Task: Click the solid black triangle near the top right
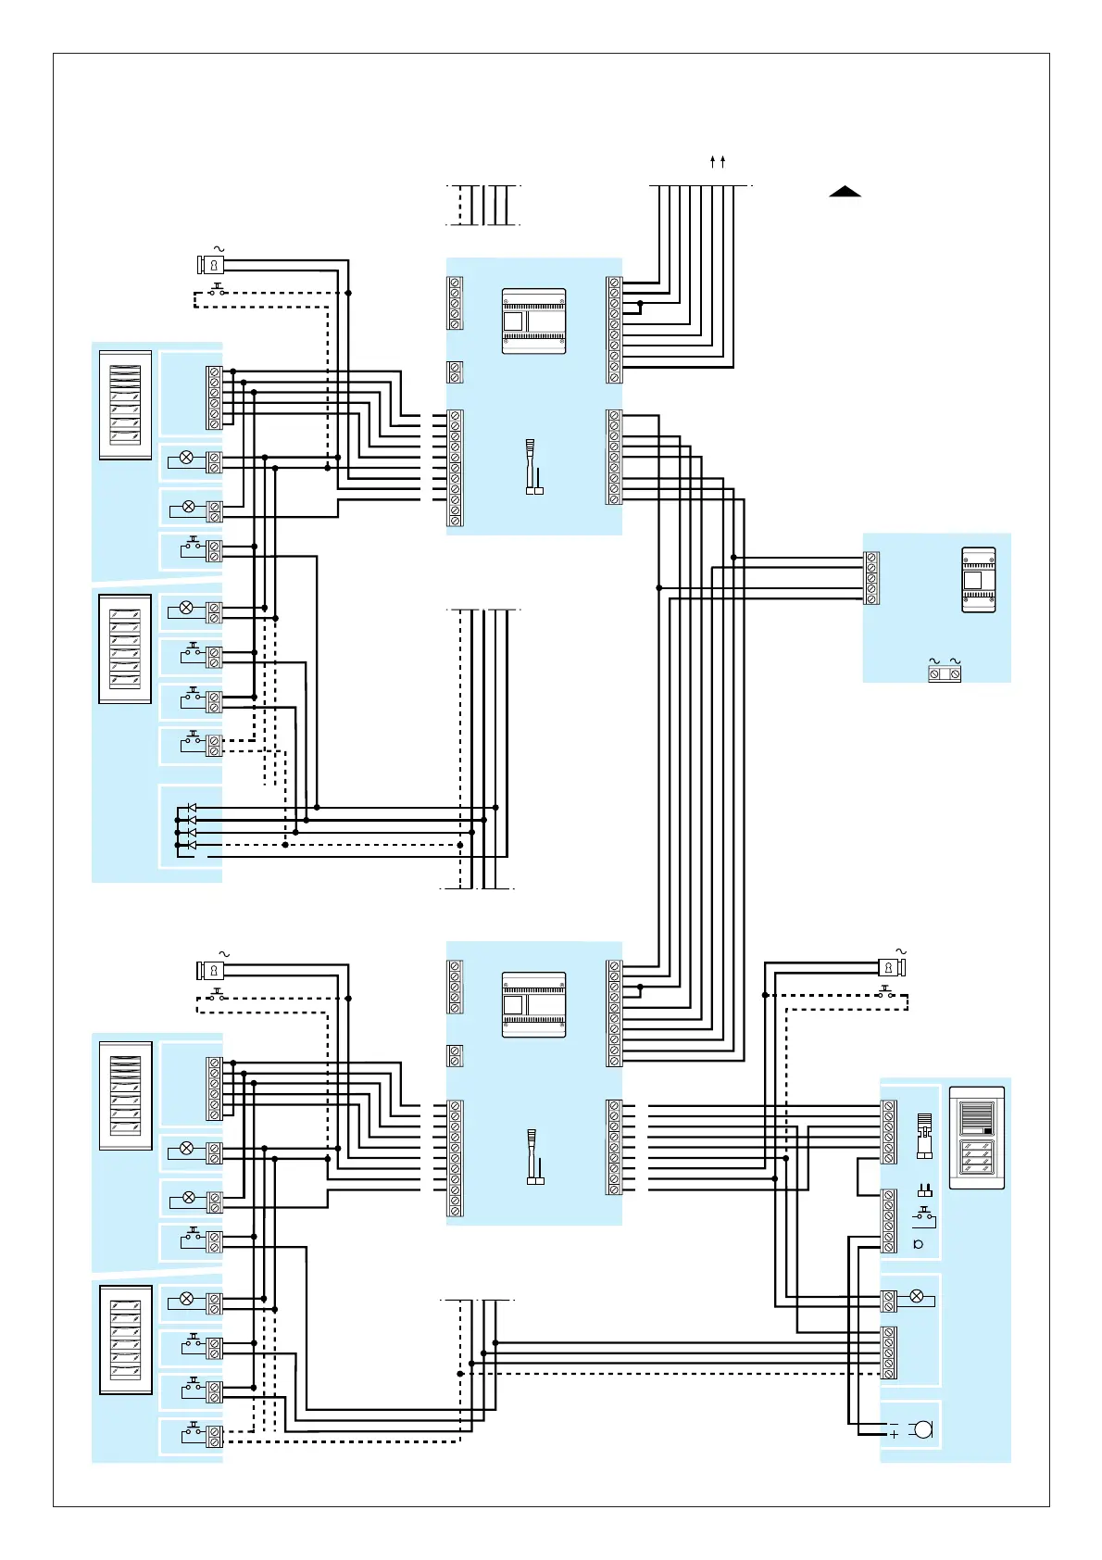point(845,192)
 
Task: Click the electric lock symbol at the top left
point(213,265)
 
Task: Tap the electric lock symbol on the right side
point(891,968)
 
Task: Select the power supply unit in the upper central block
point(533,321)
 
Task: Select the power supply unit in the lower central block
point(533,1004)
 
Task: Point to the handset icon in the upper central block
point(533,466)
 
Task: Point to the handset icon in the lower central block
point(533,1156)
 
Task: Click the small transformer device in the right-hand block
point(978,580)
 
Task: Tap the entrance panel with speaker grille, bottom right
point(976,1138)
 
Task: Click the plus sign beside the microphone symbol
point(894,1435)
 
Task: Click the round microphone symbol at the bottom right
point(922,1429)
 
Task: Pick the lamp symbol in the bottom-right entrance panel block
point(917,1297)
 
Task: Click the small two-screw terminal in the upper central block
point(455,371)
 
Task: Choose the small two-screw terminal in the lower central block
point(455,1055)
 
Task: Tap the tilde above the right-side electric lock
point(901,951)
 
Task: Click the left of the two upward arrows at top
point(712,162)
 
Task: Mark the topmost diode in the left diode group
point(192,809)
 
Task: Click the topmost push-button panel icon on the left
point(125,405)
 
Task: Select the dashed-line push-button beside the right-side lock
point(885,992)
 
